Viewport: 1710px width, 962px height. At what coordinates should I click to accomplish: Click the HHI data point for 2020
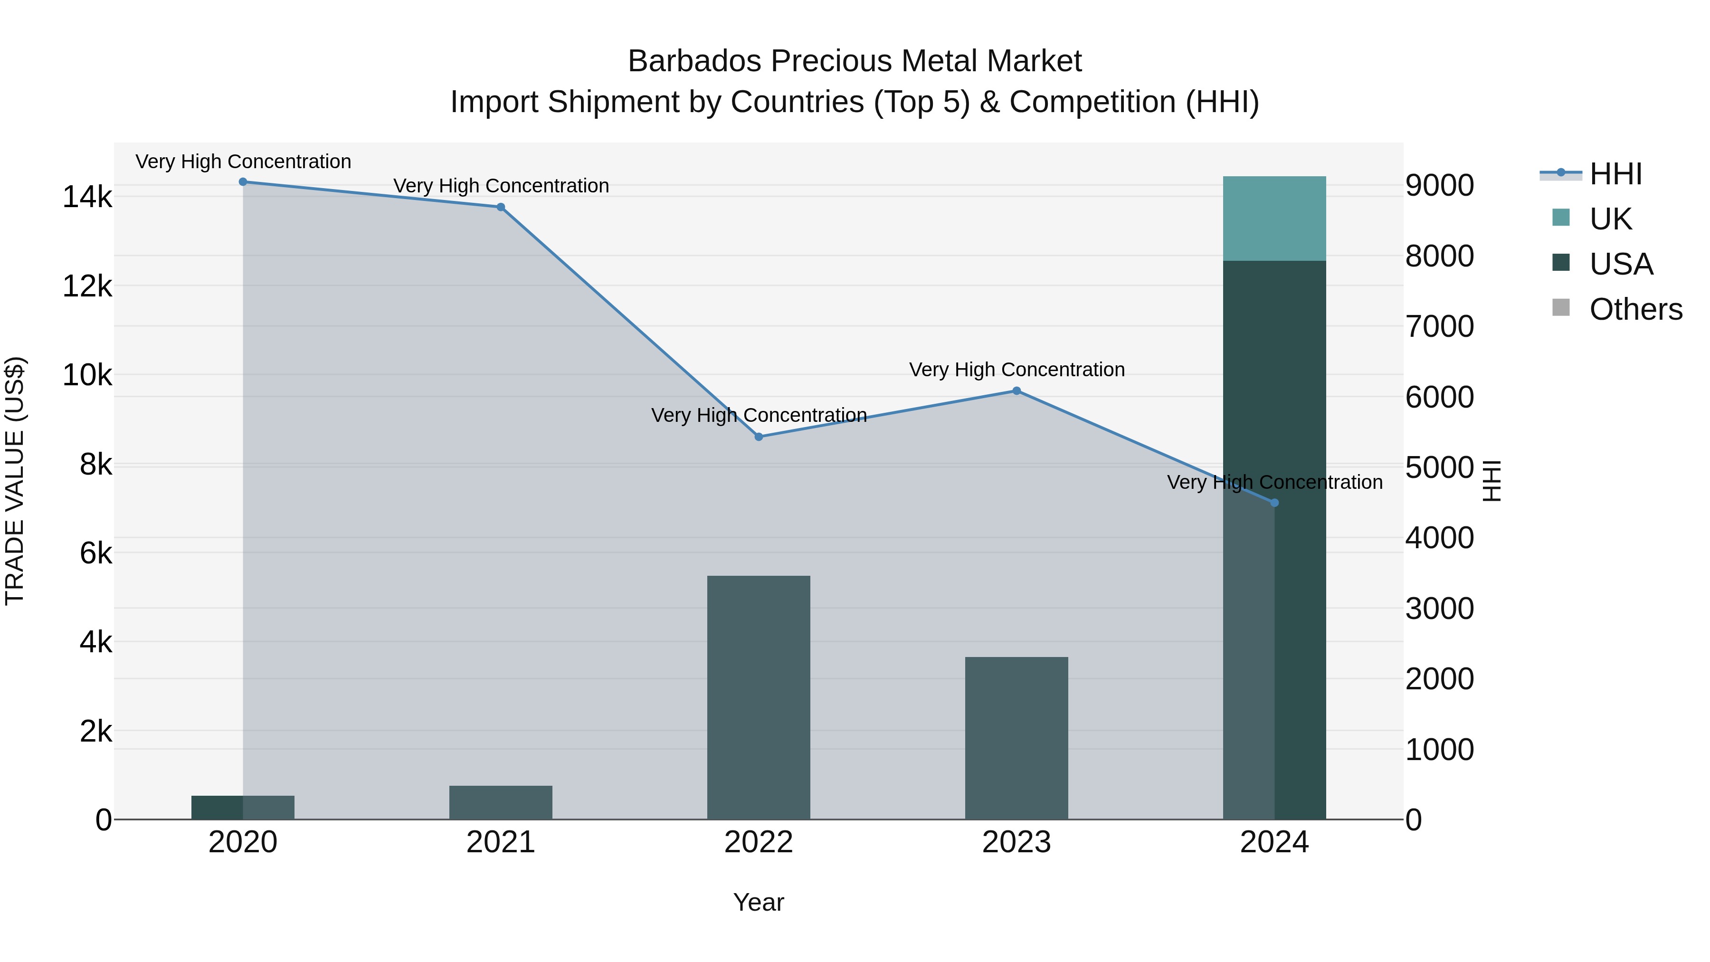[x=243, y=182]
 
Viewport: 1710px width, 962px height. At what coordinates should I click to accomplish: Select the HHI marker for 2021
[x=501, y=207]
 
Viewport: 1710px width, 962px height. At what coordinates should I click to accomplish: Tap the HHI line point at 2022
[x=759, y=437]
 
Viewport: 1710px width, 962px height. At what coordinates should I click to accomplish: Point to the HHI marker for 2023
[x=1016, y=391]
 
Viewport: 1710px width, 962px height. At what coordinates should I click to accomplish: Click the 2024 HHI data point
[x=1274, y=503]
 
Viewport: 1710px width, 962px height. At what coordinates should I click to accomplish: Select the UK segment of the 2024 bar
[x=1274, y=219]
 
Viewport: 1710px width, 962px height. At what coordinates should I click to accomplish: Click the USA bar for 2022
[x=759, y=697]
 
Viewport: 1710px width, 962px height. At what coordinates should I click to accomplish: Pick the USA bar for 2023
[x=1016, y=737]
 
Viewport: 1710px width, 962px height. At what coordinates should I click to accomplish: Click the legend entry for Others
[x=1635, y=309]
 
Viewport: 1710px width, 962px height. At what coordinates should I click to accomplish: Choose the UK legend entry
[x=1610, y=219]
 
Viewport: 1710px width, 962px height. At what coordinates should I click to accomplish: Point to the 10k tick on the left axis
[x=87, y=376]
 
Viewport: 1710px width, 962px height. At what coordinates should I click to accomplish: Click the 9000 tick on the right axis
[x=1439, y=186]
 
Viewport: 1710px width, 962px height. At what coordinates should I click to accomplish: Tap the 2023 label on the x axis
[x=1016, y=842]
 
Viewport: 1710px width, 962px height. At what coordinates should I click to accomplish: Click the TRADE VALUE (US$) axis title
[x=15, y=481]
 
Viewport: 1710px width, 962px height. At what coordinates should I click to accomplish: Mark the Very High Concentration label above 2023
[x=1016, y=370]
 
